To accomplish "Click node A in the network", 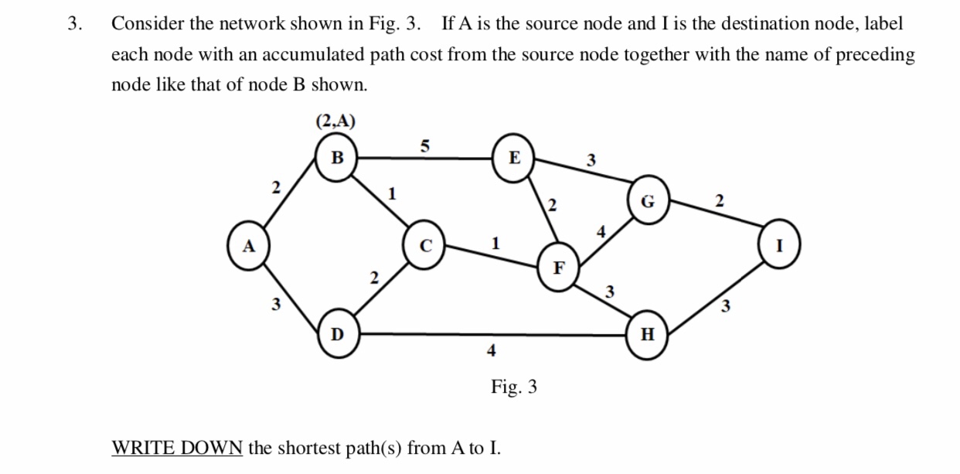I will pos(248,247).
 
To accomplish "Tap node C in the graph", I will pos(424,248).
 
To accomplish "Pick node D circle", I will pos(337,335).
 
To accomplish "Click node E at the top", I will pos(514,159).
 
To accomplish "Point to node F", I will pos(559,268).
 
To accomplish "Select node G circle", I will pos(648,203).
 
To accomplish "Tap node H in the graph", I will pos(648,335).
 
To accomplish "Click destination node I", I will pos(780,247).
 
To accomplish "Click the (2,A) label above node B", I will pos(336,121).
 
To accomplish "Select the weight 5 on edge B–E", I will pos(424,145).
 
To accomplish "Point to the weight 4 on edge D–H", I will pos(490,350).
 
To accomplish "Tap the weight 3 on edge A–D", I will pos(274,305).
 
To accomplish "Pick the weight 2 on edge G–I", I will pos(719,201).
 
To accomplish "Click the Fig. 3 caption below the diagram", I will pos(514,387).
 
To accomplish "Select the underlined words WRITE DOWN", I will pos(178,448).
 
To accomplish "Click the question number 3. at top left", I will pos(74,24).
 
